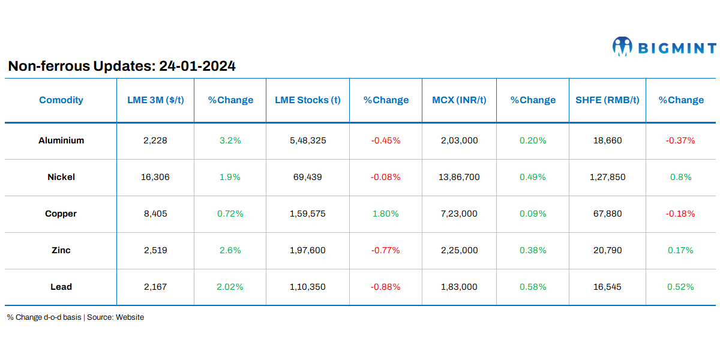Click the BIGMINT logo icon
pos(622,47)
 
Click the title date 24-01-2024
pos(197,66)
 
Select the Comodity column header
pos(61,100)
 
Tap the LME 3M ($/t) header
pos(155,100)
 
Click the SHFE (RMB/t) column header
pos(607,100)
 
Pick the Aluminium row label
pos(61,140)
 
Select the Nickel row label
pos(61,177)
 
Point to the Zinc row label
pos(61,250)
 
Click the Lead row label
pos(61,287)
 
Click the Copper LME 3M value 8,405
pos(155,214)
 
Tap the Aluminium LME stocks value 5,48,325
pos(307,140)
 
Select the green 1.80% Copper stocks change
pos(386,214)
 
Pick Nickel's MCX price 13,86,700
pos(459,177)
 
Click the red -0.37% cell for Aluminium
pos(680,140)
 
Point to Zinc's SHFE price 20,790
pos(607,250)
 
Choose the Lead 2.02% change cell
pos(230,287)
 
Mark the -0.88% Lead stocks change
pos(386,287)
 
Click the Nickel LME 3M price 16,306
pos(155,177)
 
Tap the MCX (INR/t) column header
pos(459,100)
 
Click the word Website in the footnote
pos(130,317)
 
